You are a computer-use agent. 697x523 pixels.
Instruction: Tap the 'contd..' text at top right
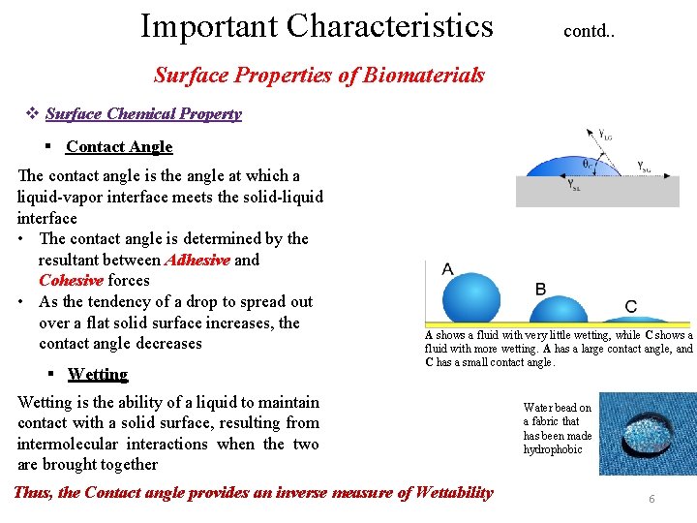[589, 31]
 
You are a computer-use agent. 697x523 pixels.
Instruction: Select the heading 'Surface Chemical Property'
[143, 113]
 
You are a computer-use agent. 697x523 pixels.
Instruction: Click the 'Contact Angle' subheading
[119, 147]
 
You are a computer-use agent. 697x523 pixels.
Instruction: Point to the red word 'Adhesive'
[197, 260]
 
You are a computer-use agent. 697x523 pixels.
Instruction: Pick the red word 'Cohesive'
[71, 281]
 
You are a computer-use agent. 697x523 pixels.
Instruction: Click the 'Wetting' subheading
[98, 374]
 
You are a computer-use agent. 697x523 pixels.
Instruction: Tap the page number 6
[652, 499]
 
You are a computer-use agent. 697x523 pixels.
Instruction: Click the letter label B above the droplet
[540, 289]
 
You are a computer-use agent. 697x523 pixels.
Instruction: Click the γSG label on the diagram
[644, 168]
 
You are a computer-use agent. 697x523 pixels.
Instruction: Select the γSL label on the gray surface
[574, 185]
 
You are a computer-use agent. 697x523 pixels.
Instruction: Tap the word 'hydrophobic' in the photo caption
[553, 449]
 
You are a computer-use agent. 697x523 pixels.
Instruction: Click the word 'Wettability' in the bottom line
[453, 493]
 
